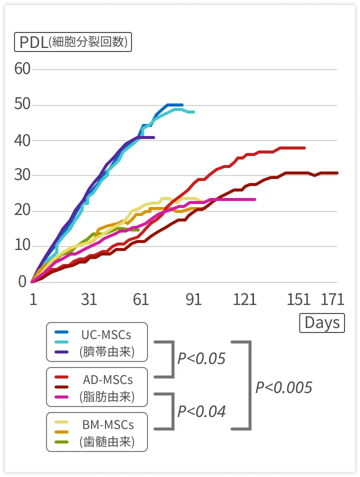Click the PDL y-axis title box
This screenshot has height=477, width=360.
coord(73,42)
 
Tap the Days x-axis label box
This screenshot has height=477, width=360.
coord(322,322)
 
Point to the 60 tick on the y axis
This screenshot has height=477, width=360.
coord(22,69)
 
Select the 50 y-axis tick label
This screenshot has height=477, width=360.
coord(22,105)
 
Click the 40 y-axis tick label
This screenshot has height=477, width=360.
coord(22,140)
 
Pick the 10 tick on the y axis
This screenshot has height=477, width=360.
coord(22,246)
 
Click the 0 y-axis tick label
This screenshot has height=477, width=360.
coord(22,281)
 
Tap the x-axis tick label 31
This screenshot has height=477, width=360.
coord(88,299)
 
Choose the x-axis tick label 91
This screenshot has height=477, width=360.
coord(193,299)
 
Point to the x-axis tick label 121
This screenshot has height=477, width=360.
coord(244,299)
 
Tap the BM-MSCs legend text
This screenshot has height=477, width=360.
coord(108,424)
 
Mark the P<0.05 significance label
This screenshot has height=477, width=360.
coord(201,358)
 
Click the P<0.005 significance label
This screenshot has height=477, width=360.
coord(283,387)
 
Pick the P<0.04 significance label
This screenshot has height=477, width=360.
coord(201,411)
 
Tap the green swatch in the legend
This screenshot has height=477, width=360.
coord(61,442)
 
